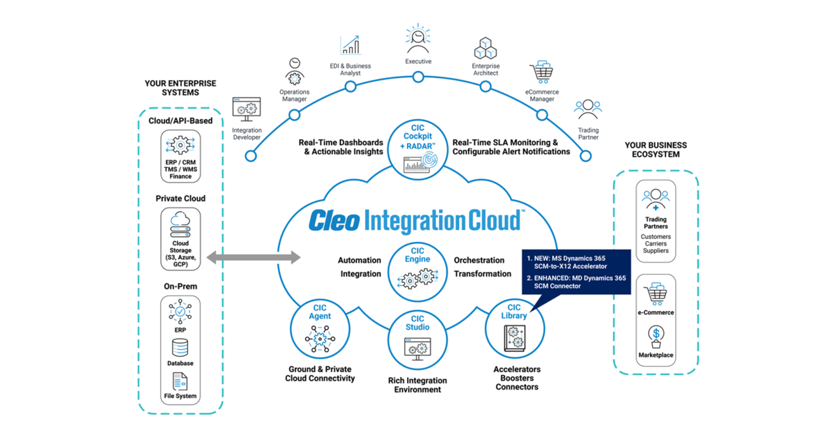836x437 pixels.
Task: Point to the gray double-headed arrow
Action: coord(254,259)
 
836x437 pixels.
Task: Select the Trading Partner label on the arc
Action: coord(588,135)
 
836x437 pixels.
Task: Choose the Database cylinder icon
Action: coord(180,347)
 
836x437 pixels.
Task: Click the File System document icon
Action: coord(180,381)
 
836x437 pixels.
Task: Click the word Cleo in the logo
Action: coord(334,220)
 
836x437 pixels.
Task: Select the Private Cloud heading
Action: coord(180,199)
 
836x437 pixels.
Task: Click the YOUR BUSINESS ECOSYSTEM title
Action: coord(655,150)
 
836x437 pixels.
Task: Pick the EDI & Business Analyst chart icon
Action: coord(350,45)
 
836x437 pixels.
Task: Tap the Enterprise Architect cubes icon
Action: coord(486,49)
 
